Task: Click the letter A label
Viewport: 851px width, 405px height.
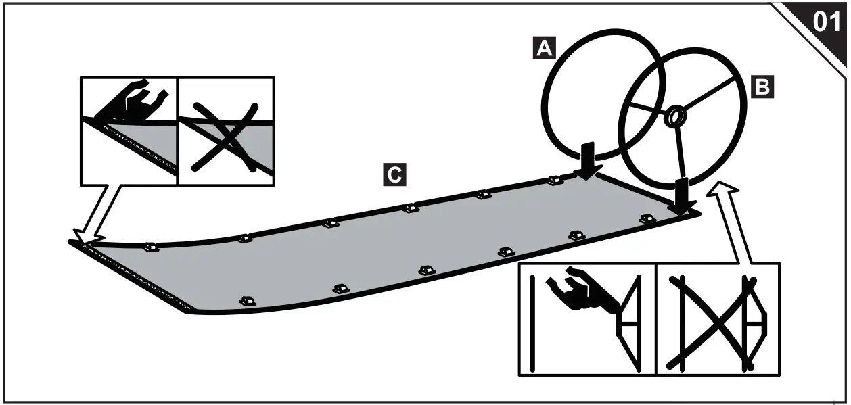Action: coord(545,48)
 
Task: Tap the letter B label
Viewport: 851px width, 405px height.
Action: coord(762,87)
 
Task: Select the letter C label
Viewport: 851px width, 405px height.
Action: coord(395,174)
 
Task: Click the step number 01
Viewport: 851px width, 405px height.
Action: coord(827,22)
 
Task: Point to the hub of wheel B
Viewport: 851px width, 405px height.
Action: coord(675,116)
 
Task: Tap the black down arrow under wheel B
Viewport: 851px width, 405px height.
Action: coord(682,197)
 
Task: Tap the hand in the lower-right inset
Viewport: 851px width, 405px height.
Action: coord(583,293)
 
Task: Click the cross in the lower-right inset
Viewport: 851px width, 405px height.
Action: coord(711,323)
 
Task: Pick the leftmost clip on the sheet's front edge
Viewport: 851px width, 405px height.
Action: coord(248,302)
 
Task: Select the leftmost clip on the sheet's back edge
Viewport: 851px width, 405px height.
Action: coord(152,247)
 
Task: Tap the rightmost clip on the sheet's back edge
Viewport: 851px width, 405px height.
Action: coord(555,181)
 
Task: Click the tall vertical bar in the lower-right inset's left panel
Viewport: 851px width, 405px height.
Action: coord(532,323)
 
